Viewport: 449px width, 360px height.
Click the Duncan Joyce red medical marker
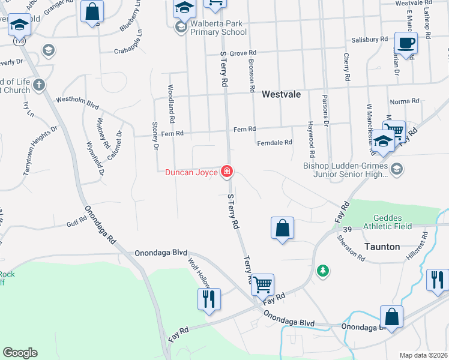tap(227, 172)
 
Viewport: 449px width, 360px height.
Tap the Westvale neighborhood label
tap(281, 94)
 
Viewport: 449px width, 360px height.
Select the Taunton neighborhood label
tap(382, 247)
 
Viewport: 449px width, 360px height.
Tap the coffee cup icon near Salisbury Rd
tap(406, 43)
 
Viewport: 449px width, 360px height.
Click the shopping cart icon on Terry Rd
tap(262, 285)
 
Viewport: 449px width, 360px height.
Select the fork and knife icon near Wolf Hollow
tap(209, 299)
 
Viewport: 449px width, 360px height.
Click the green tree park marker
tap(324, 271)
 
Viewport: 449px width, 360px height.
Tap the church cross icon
tap(40, 85)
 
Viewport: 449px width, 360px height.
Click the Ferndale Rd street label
tap(274, 143)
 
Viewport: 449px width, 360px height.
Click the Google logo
tap(20, 353)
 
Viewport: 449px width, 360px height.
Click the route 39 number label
tap(348, 229)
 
